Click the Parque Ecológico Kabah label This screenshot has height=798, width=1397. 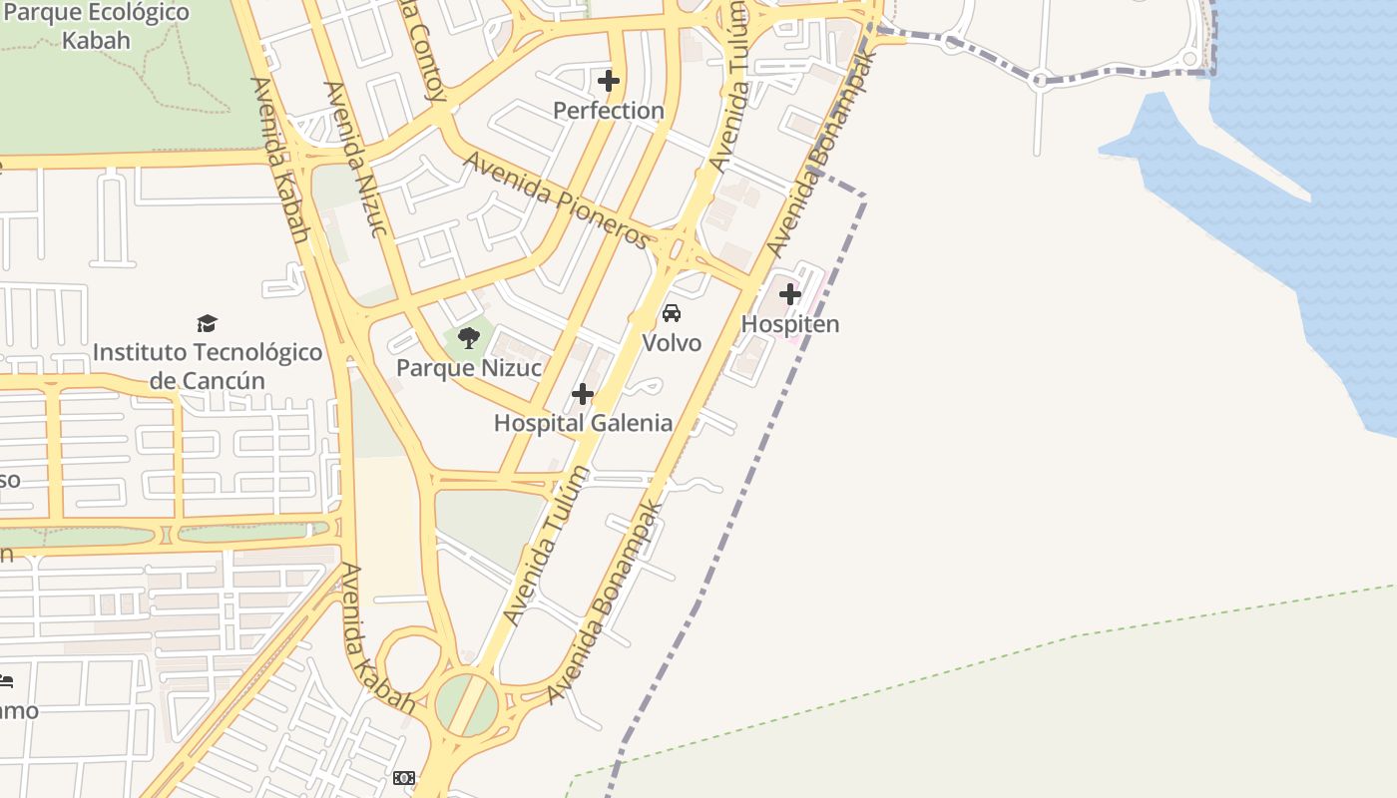(x=96, y=27)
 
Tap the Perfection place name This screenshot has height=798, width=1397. (x=609, y=110)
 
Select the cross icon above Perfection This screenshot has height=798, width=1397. (x=609, y=80)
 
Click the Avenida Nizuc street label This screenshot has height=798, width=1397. (x=355, y=160)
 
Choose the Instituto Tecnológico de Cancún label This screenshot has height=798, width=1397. (x=208, y=366)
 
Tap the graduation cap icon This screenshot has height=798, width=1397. (x=208, y=323)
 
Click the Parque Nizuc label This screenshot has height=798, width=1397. (x=469, y=368)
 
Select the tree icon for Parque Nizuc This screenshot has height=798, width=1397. (x=469, y=337)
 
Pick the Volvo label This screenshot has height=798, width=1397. (x=672, y=343)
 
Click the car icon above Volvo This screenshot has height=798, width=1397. (x=672, y=313)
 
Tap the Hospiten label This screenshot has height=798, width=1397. (x=790, y=324)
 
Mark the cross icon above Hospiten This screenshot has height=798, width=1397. (x=790, y=294)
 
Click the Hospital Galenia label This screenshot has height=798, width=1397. (x=583, y=423)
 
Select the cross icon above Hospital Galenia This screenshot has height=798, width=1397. (x=583, y=395)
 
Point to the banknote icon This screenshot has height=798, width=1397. (x=404, y=777)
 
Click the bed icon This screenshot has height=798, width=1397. (x=5, y=682)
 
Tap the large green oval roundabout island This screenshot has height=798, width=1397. (x=466, y=703)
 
